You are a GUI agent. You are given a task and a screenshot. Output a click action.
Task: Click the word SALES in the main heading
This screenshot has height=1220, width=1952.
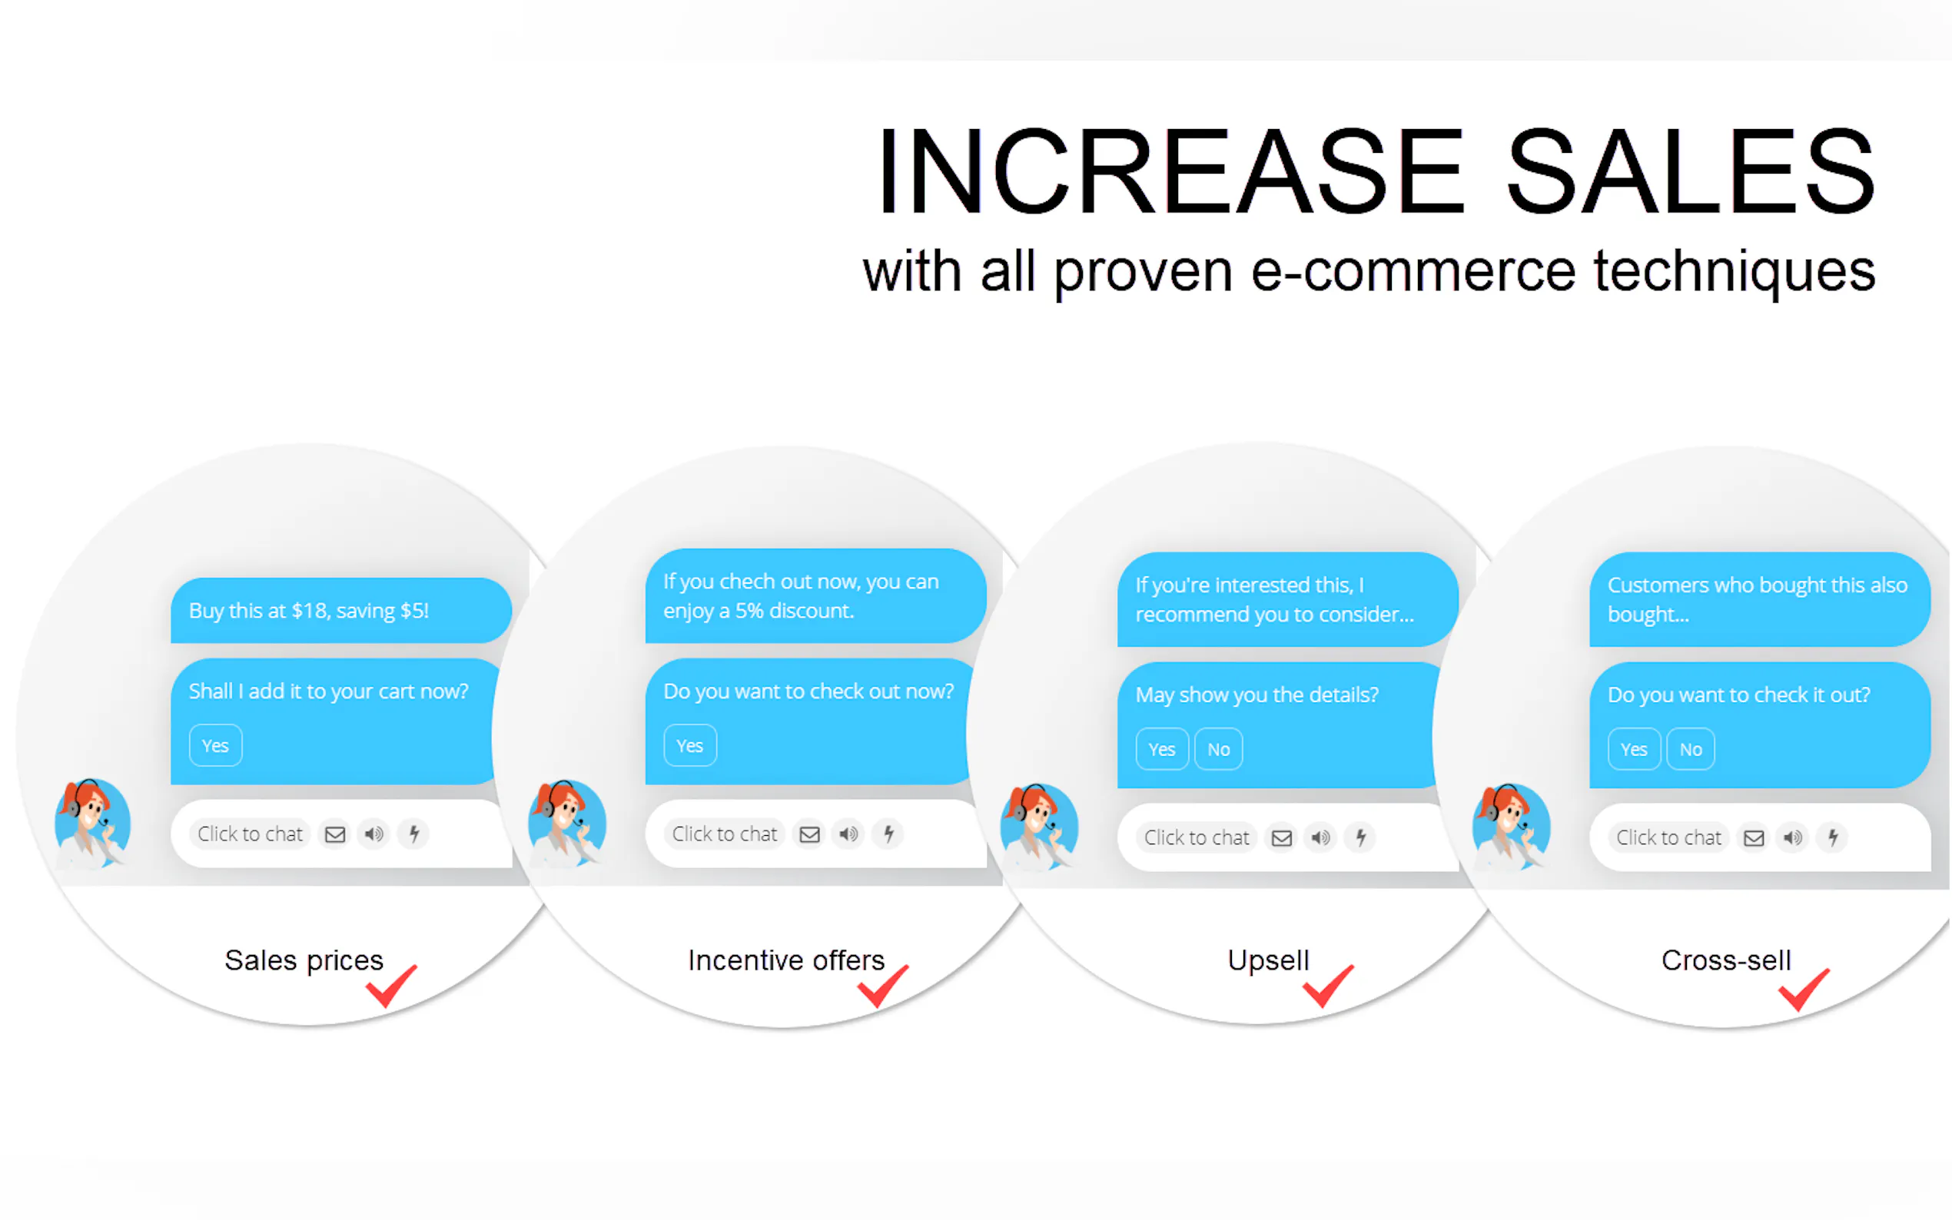point(1691,171)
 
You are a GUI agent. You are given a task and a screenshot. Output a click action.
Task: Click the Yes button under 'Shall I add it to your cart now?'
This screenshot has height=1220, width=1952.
point(215,745)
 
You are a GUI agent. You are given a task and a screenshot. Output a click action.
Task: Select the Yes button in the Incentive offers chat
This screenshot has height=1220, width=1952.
point(690,745)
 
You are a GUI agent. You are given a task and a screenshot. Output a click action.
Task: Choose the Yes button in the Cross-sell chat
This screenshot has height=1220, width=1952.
point(1634,749)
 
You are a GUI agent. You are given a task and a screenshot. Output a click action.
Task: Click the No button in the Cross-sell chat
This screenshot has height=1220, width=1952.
point(1691,749)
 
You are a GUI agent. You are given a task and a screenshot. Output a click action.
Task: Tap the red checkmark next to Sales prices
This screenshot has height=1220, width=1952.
point(391,985)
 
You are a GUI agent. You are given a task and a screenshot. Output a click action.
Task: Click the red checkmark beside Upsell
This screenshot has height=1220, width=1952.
point(1328,985)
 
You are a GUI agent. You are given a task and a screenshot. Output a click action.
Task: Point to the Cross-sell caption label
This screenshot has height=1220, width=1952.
point(1726,960)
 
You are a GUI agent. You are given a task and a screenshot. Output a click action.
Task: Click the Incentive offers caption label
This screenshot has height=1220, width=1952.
point(787,960)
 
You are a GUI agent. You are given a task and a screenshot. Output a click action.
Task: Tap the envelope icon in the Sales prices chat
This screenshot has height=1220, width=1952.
point(335,834)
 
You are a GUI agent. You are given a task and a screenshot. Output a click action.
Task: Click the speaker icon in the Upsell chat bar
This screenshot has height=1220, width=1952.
point(1321,837)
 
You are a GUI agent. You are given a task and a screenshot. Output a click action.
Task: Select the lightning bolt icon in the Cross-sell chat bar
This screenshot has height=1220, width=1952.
point(1834,837)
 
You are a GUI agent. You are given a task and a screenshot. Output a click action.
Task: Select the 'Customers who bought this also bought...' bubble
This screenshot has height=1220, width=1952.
point(1760,599)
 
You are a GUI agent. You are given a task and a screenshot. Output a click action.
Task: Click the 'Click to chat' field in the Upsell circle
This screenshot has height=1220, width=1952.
point(1197,837)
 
